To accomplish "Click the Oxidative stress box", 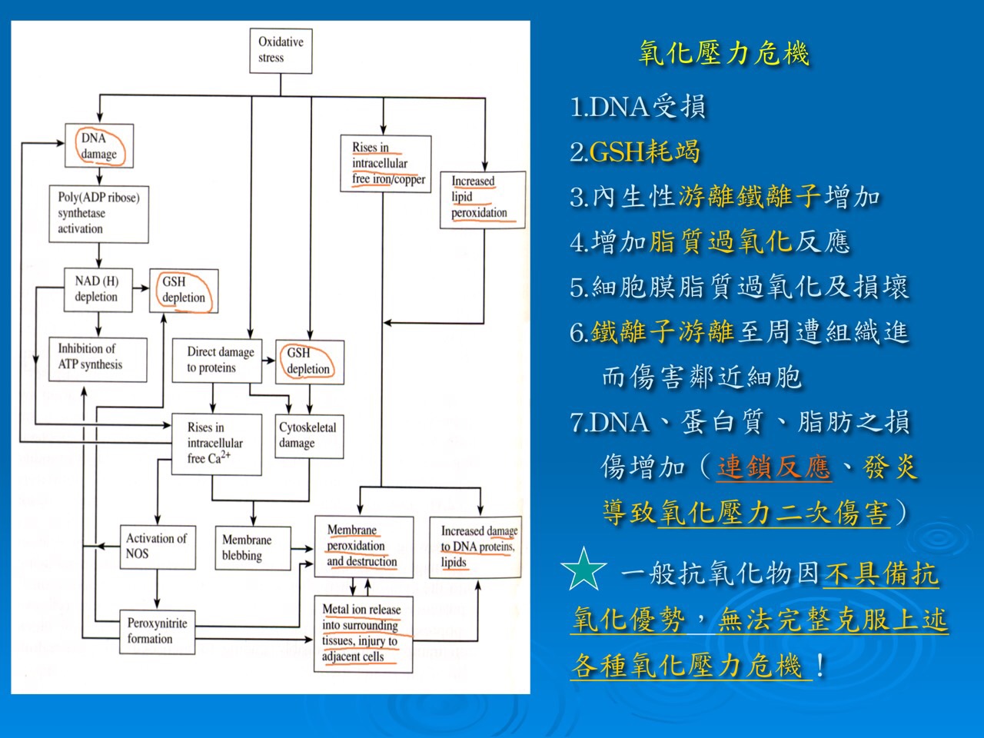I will point(281,51).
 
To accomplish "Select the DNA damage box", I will point(99,146).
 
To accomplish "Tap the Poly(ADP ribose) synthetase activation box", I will point(98,214).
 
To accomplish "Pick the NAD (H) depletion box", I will point(97,289).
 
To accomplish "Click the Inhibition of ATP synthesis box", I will point(97,358).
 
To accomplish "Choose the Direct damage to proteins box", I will point(216,360).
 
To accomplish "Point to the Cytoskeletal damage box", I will point(308,436).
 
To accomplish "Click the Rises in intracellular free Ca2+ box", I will point(214,444).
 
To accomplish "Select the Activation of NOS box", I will point(157,547).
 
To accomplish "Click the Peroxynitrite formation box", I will point(157,631).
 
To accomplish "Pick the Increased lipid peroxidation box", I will point(482,198).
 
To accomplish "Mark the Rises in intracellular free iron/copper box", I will point(386,163).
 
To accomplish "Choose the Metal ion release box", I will point(363,633).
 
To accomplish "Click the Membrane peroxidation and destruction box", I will point(363,547).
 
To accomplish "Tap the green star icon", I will point(584,570).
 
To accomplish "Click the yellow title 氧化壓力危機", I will point(724,53).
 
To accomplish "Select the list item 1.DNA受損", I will point(638,107).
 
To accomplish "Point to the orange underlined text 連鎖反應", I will point(773,467).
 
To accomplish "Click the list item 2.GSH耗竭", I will point(635,152).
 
